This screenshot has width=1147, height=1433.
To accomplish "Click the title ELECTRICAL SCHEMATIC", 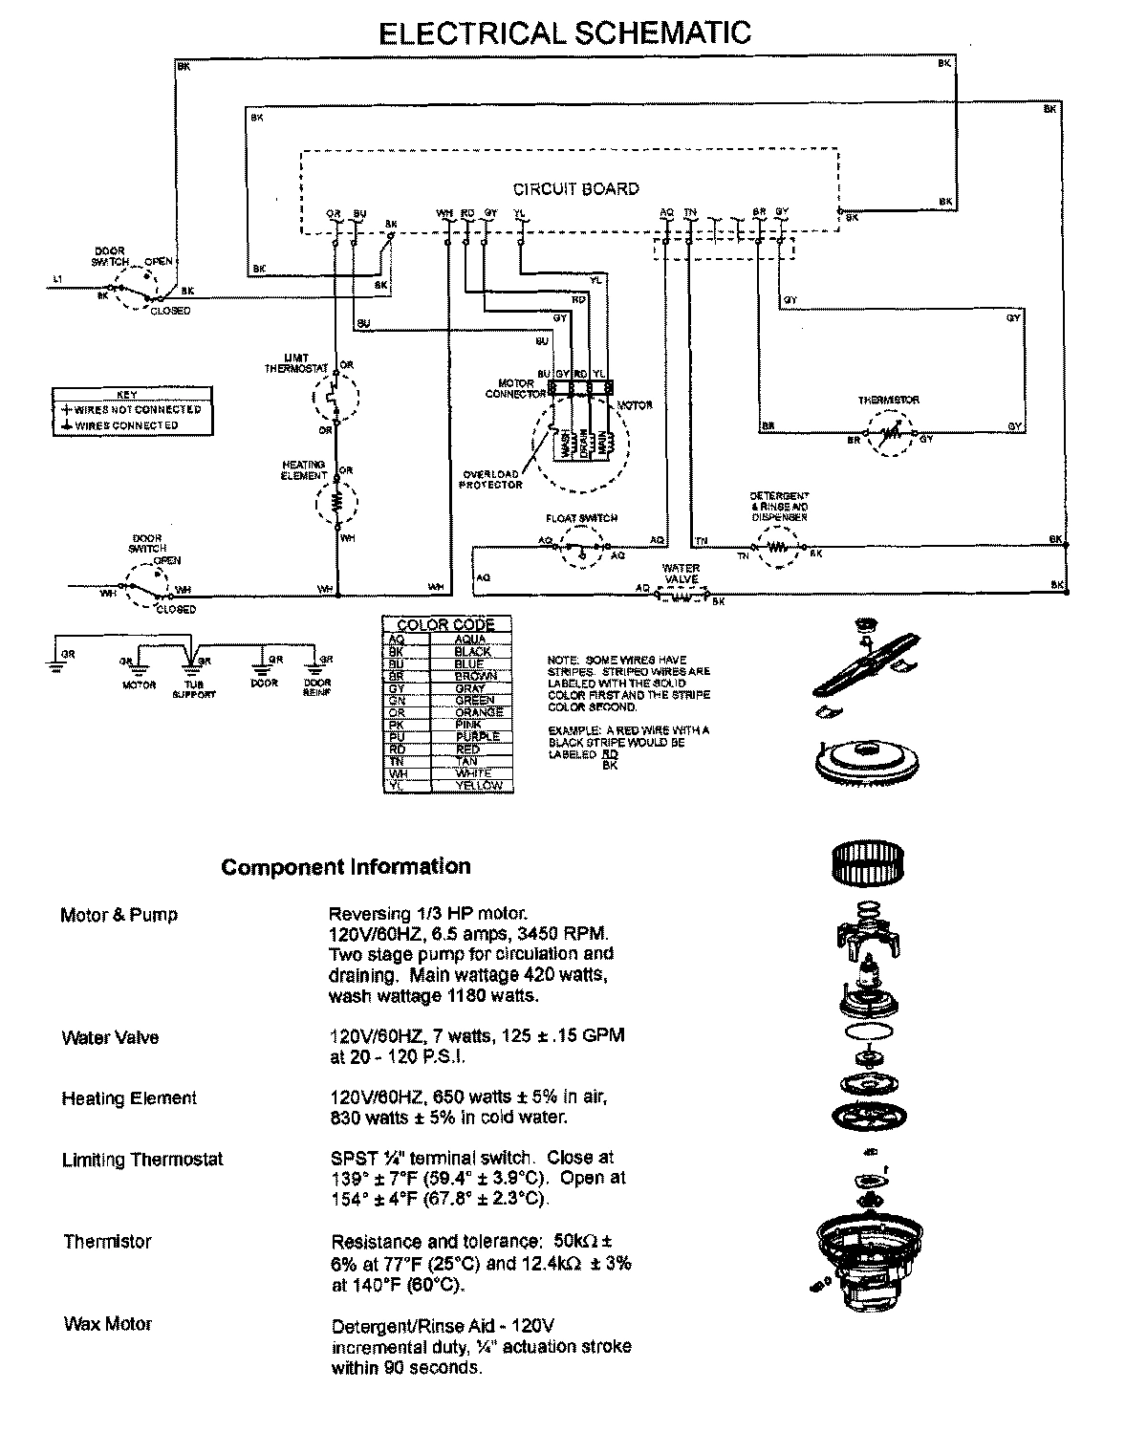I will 565,33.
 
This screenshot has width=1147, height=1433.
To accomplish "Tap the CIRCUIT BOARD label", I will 575,189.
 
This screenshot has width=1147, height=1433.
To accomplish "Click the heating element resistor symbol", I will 336,501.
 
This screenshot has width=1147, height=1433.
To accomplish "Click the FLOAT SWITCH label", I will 581,518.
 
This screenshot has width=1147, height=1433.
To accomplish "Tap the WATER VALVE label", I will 681,574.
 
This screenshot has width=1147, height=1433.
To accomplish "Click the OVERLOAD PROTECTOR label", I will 492,479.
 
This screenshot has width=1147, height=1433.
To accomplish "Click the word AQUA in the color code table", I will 469,639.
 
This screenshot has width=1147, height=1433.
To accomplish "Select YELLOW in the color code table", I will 478,785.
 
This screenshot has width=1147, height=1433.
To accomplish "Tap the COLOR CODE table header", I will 445,625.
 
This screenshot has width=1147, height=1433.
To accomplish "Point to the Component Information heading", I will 346,867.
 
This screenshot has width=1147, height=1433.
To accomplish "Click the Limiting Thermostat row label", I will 142,1160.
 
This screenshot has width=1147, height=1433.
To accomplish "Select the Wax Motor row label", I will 107,1324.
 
